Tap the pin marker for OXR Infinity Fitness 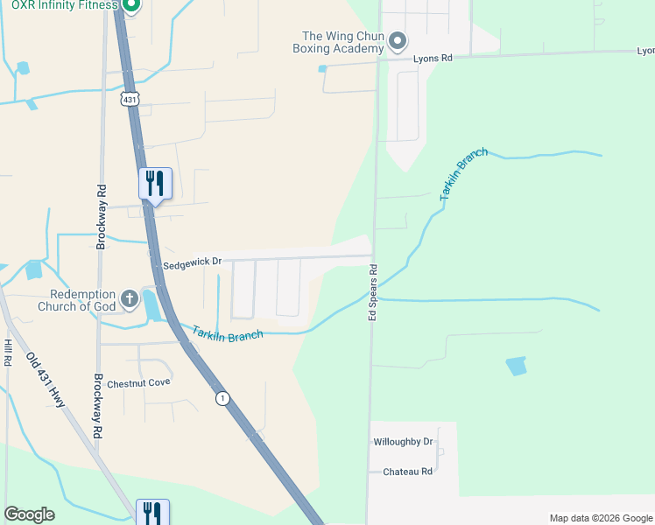tap(130, 6)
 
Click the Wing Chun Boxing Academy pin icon tap(398, 41)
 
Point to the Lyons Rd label tap(433, 59)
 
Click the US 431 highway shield tap(130, 100)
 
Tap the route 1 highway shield tap(223, 398)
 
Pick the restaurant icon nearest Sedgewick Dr tap(155, 184)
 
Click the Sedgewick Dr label tap(193, 262)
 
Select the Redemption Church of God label tap(77, 301)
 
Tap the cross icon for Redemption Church tap(130, 299)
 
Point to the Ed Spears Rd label tap(373, 291)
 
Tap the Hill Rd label tap(7, 352)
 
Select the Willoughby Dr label tap(403, 442)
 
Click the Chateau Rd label tap(408, 472)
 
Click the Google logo tap(29, 514)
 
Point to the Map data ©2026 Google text tap(600, 518)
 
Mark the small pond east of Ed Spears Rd tap(517, 366)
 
